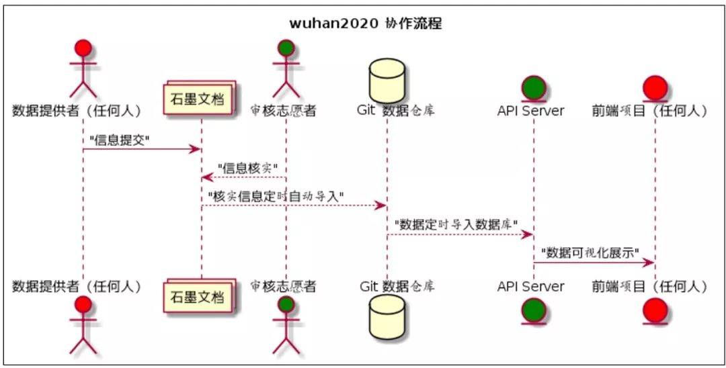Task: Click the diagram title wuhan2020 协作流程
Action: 366,24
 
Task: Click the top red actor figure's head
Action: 83,48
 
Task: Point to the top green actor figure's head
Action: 286,48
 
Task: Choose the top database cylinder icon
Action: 387,80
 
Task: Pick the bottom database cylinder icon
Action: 387,316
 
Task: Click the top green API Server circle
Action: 533,88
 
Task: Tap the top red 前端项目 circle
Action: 655,88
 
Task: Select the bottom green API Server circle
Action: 533,310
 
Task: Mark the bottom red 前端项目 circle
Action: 655,310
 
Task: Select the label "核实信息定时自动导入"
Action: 276,196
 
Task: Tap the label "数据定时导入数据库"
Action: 456,224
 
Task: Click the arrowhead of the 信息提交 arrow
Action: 195,149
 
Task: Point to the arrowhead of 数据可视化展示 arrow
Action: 649,263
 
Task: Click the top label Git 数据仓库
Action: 395,111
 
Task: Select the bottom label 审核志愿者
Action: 283,286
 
